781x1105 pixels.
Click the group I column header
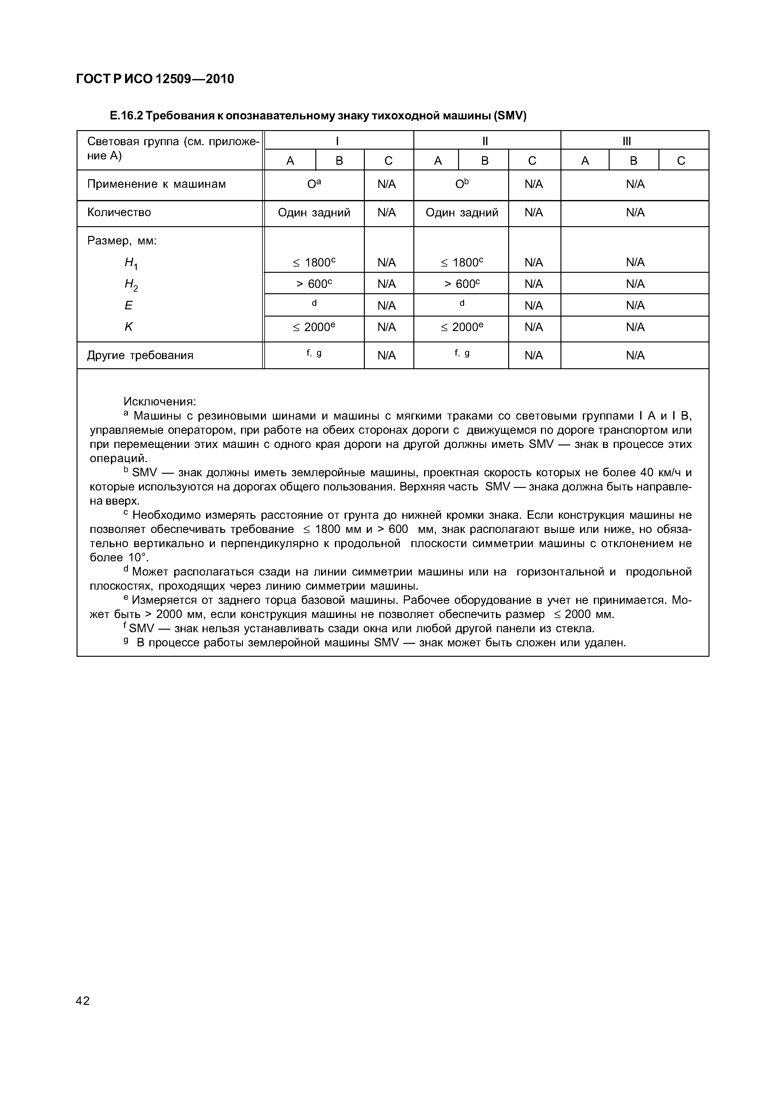tap(338, 141)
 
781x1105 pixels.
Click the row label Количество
tap(119, 212)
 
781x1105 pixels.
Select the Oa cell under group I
tap(314, 184)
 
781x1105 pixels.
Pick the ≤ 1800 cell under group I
tap(314, 262)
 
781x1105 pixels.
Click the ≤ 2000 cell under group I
tap(314, 327)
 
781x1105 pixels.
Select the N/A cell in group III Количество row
tap(635, 213)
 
